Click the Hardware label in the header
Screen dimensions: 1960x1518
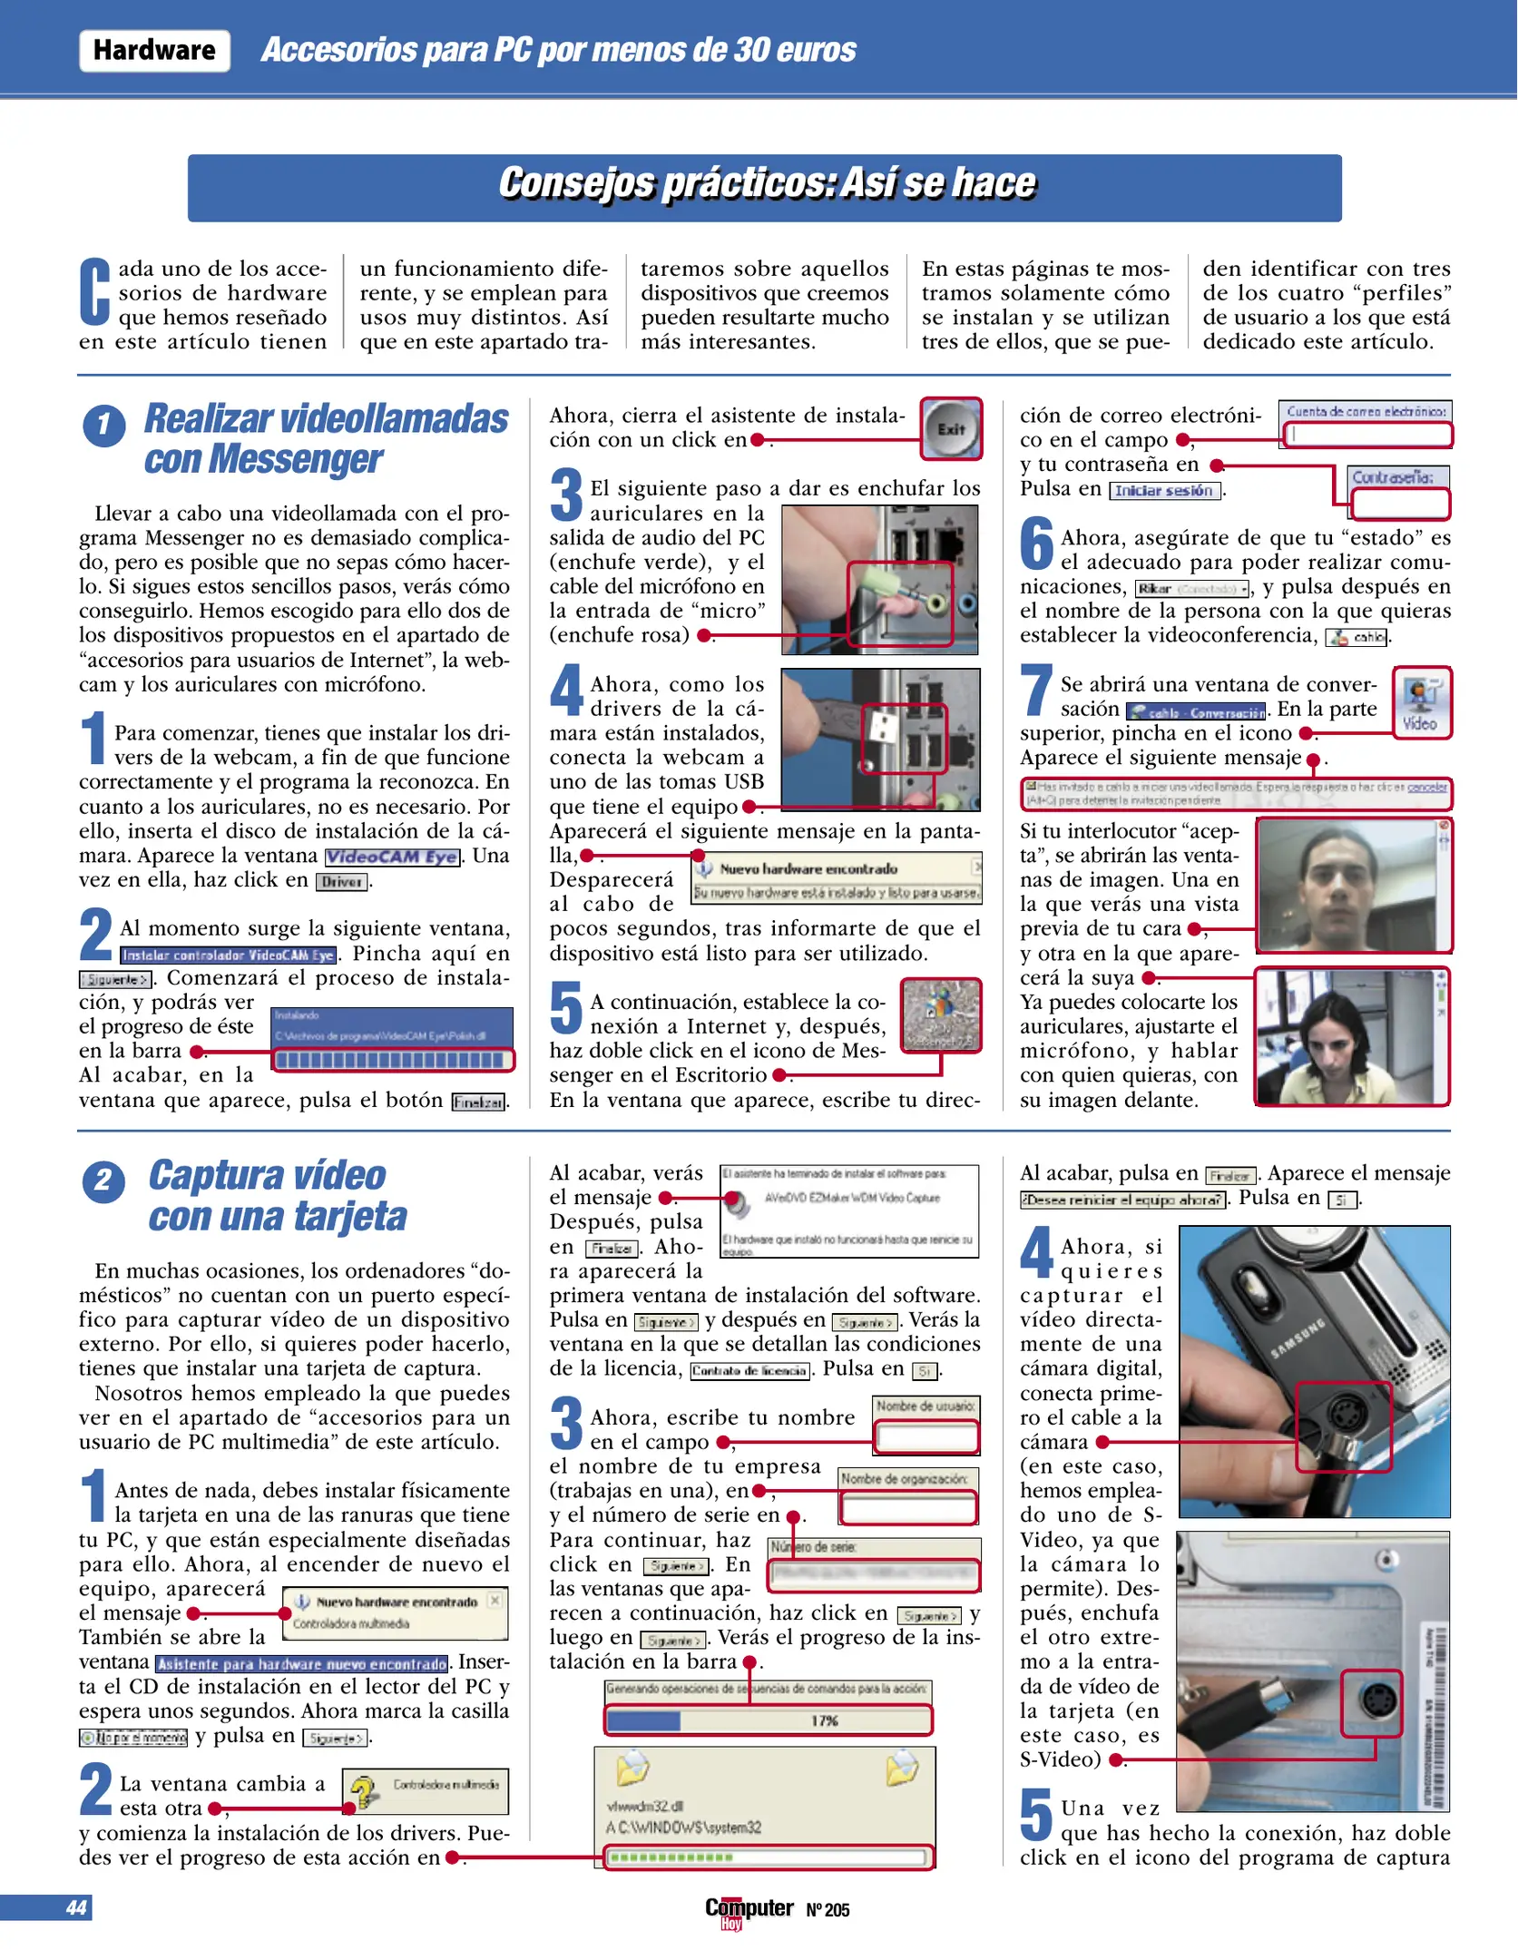click(x=154, y=51)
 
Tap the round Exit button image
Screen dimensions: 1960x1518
click(x=951, y=429)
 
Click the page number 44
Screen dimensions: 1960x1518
click(x=76, y=1907)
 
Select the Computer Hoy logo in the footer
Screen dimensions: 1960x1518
click(x=749, y=1910)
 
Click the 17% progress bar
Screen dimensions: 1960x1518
click(x=769, y=1720)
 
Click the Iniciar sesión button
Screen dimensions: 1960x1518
click(x=1163, y=491)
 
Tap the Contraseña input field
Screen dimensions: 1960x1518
click(x=1399, y=503)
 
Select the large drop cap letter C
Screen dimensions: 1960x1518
click(x=95, y=292)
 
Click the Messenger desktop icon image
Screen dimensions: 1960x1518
click(x=941, y=1014)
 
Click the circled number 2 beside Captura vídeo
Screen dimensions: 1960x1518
click(x=103, y=1181)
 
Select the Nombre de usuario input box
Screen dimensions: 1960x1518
click(x=925, y=1437)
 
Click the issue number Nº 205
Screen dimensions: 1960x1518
click(x=828, y=1910)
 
